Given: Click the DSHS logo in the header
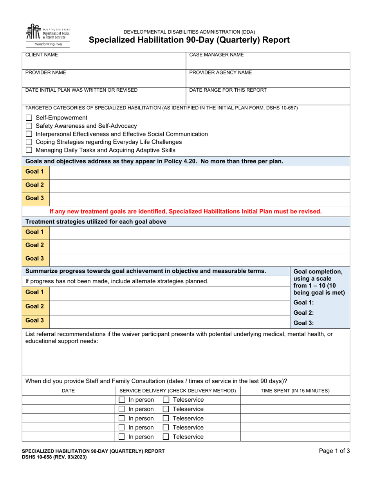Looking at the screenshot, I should click(47, 35).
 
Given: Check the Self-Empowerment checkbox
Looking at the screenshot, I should click(29, 118).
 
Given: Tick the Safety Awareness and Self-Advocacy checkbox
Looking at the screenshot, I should click(29, 126).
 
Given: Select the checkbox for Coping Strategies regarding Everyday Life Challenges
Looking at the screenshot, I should click(29, 142).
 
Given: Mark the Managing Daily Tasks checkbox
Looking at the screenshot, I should click(29, 150).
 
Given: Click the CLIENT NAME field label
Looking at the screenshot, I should click(42, 55).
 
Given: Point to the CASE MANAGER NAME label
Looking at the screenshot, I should click(216, 55).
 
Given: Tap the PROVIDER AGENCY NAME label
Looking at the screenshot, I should click(220, 72).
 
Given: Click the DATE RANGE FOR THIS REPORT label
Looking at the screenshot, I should click(228, 90).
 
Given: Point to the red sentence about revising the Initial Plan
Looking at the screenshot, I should click(186, 211).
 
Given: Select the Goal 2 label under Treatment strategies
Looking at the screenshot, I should click(34, 245).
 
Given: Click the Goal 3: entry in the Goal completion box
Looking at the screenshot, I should click(304, 323).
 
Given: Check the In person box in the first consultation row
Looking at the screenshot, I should click(122, 400).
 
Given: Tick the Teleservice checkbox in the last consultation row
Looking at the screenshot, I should click(166, 437).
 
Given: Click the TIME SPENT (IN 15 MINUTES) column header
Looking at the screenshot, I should click(295, 391).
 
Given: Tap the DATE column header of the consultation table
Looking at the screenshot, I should click(69, 391).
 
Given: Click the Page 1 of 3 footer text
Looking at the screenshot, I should click(334, 451).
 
